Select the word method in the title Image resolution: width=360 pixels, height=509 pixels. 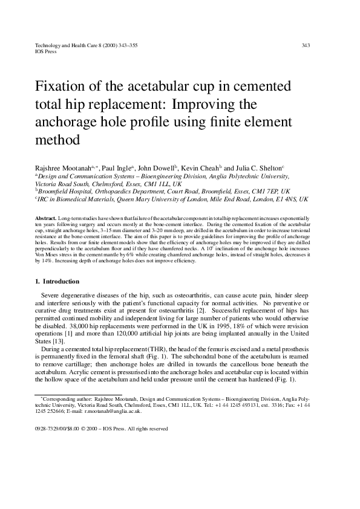tap(59, 141)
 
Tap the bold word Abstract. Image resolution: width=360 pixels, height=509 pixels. tap(46, 217)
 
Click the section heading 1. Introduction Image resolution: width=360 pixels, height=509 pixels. tap(57, 281)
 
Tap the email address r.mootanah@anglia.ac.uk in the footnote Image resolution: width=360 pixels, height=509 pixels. tap(114, 410)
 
